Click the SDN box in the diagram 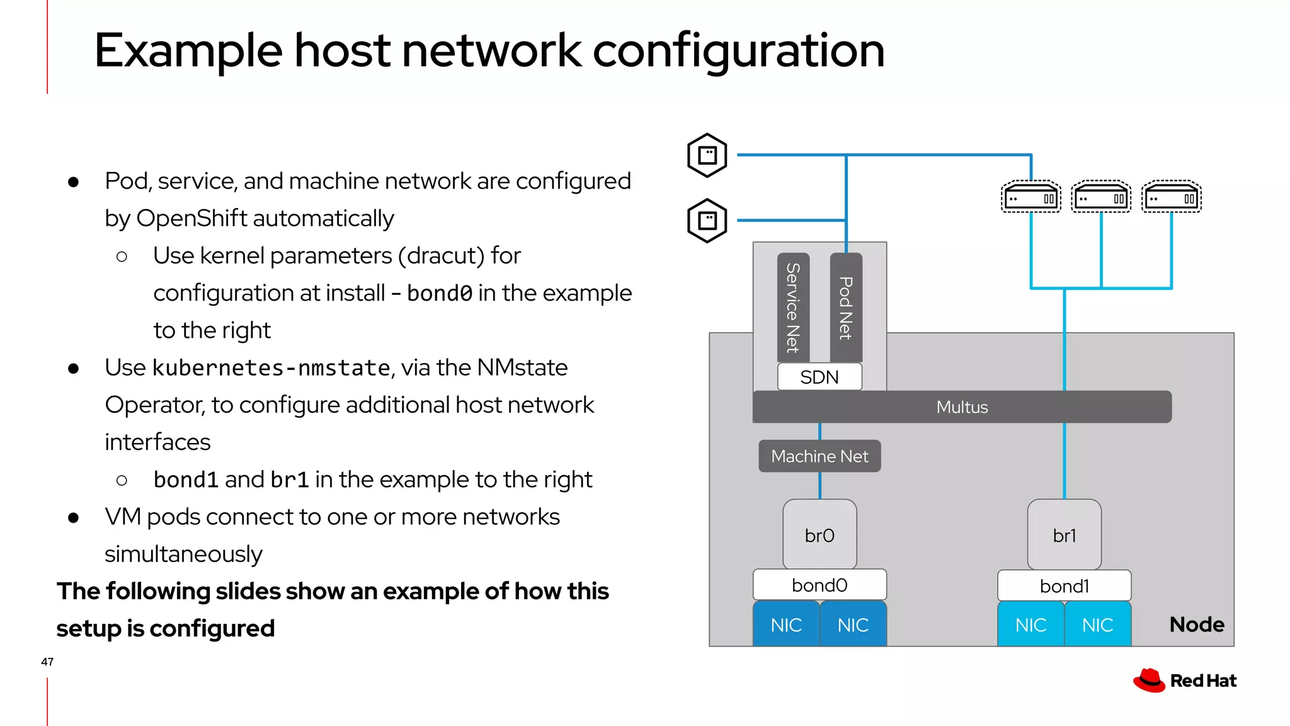coord(819,377)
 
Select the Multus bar coord(962,407)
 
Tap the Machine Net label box coord(819,456)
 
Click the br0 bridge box coord(819,535)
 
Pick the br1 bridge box coord(1064,535)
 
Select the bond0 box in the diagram coord(819,585)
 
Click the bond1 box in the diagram coord(1064,586)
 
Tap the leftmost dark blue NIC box coord(786,625)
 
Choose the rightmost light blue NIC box coord(1097,625)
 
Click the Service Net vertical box coord(793,308)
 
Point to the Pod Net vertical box coord(846,308)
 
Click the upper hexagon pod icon coord(707,155)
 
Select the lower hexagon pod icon coord(707,221)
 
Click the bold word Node coord(1196,625)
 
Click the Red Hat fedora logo coord(1149,681)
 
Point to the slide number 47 coord(47,662)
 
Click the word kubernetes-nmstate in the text coord(271,368)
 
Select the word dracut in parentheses coord(445,256)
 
